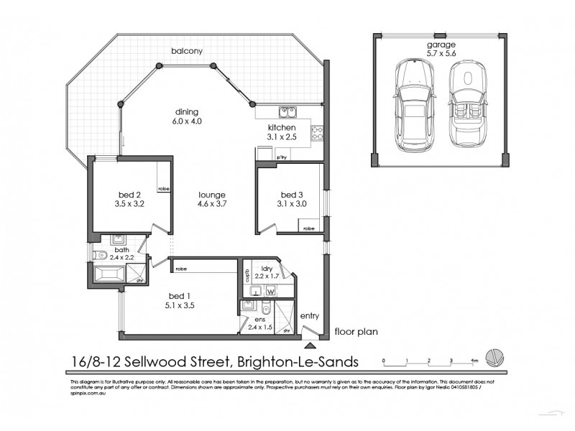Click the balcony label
(185, 51)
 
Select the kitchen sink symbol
(287, 112)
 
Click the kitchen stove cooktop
(316, 132)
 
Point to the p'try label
(281, 155)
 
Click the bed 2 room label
(129, 193)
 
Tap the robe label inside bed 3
(308, 228)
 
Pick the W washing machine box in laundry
(271, 290)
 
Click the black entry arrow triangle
(310, 331)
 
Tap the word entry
(310, 315)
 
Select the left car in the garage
(413, 101)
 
